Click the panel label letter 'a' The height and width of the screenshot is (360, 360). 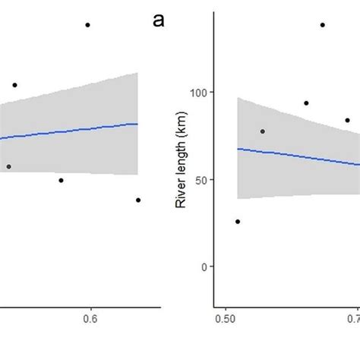159,21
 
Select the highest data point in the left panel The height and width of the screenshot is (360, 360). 87,25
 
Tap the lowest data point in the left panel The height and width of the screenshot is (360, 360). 138,200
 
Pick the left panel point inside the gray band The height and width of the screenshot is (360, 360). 8,166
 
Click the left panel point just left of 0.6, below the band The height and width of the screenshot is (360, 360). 61,180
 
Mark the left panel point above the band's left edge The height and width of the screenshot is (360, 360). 14,85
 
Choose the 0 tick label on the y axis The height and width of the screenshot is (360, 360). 204,267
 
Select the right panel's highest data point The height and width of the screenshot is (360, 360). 322,25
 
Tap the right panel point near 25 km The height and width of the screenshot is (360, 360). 238,222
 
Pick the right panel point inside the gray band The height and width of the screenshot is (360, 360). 263,131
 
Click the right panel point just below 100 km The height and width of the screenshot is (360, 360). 306,103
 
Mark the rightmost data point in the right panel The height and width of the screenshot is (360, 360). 347,120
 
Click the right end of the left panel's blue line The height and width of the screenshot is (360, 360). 138,124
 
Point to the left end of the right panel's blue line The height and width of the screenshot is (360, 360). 238,149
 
